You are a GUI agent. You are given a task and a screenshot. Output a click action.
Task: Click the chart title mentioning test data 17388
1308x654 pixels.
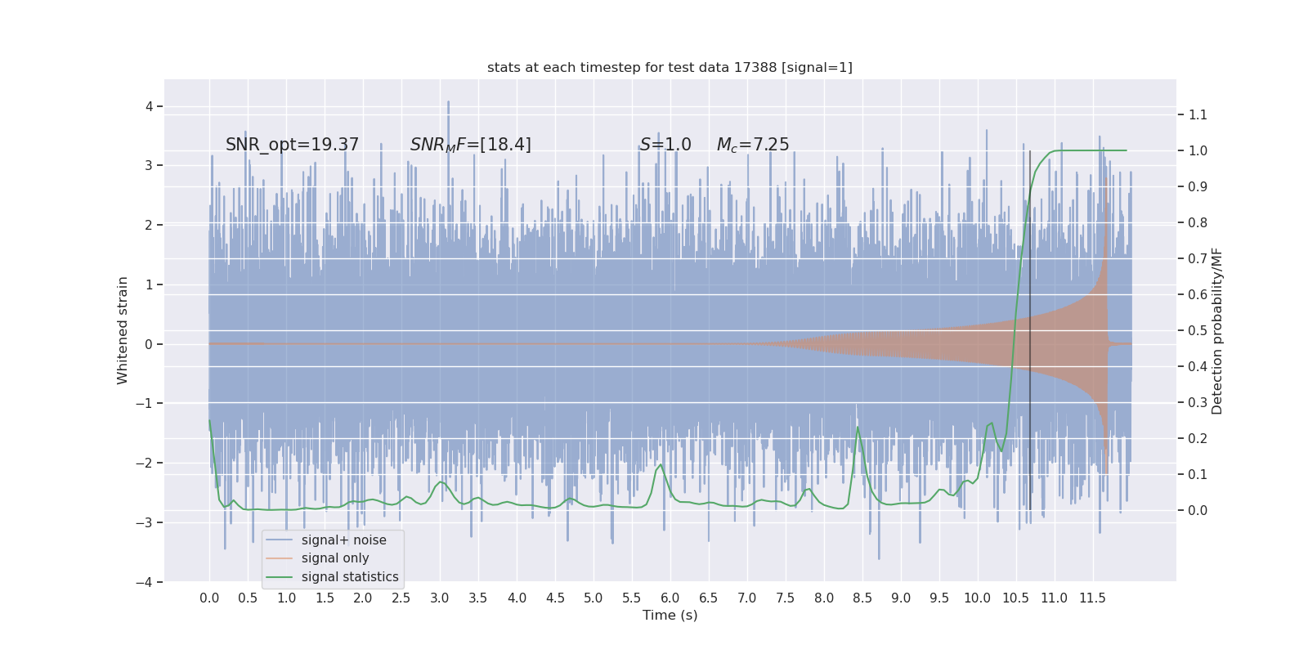[x=670, y=68]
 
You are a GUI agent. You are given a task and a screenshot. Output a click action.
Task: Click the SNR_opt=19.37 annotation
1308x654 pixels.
[x=292, y=145]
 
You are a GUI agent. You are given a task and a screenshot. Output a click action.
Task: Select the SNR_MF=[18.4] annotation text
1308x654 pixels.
[x=471, y=145]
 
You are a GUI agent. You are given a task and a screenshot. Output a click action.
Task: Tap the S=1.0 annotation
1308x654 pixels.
[x=665, y=145]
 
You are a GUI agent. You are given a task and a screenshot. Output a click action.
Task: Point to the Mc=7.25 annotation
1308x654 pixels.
[x=753, y=145]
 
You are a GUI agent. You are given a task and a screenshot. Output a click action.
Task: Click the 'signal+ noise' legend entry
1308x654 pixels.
[x=343, y=540]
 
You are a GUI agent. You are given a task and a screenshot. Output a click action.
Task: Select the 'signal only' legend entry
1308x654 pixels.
[x=335, y=558]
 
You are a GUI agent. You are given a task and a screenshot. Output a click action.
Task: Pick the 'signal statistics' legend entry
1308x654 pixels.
[x=350, y=577]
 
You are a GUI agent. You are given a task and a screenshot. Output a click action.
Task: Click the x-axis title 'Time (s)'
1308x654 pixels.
[x=670, y=616]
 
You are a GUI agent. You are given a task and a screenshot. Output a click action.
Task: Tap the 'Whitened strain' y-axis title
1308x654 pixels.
[x=123, y=330]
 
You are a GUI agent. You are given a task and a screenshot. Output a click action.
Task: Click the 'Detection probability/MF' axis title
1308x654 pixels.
[x=1217, y=330]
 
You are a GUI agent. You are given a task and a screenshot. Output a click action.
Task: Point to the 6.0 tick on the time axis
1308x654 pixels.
[x=670, y=598]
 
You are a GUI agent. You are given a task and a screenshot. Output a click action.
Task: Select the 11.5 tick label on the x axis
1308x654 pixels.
[x=1092, y=598]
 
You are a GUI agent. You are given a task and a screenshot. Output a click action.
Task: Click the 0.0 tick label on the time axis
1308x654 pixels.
[x=209, y=598]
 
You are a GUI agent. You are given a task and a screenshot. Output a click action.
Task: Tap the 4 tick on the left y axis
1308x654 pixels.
[x=149, y=106]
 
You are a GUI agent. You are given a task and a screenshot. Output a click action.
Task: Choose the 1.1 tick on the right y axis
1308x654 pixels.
[x=1198, y=114]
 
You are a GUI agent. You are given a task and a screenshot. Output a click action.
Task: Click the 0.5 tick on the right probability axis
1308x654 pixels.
[x=1198, y=330]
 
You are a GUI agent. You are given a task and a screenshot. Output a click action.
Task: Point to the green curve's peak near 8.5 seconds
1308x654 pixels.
[x=858, y=428]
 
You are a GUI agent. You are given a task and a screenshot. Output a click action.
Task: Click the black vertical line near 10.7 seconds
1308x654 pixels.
[x=1030, y=327]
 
